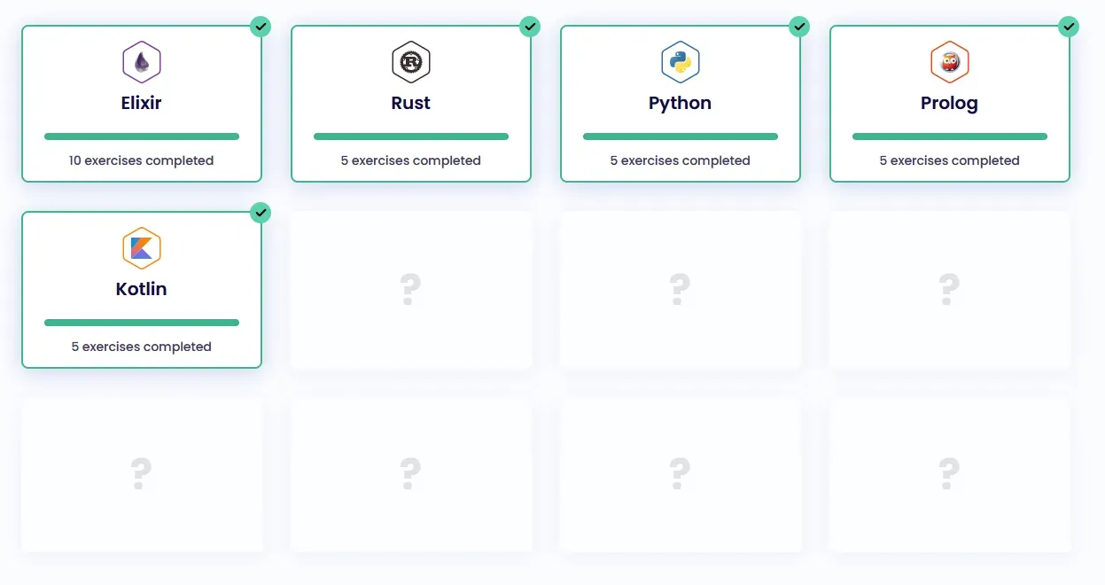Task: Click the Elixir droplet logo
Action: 142,62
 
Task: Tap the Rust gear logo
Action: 411,62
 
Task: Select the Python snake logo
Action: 681,62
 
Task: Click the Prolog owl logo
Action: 950,62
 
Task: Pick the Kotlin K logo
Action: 142,248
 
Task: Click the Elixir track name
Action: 142,103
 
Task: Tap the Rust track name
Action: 411,103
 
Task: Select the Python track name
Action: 681,103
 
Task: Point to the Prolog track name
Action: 950,103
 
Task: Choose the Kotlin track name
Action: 142,289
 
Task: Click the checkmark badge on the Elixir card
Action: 261,27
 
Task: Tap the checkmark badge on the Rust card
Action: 530,27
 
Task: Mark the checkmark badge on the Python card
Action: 799,27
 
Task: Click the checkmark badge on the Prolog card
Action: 1069,27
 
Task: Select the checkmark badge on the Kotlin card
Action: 261,213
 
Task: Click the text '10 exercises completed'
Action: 142,160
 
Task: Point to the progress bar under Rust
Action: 411,136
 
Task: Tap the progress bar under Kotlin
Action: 142,323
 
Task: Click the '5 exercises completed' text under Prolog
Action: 950,160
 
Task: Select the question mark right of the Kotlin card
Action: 409,289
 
